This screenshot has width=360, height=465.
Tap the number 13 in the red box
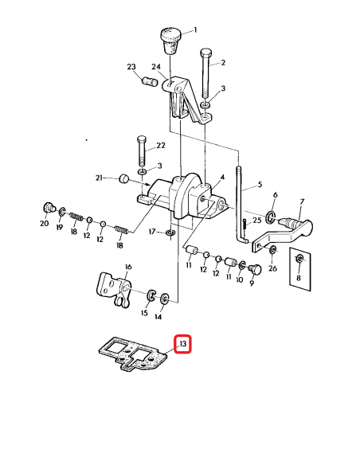coord(182,344)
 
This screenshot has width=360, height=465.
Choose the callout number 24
coord(157,67)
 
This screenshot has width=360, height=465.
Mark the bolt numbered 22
coord(142,151)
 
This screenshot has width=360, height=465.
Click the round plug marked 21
coord(124,179)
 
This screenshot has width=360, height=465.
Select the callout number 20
coord(45,225)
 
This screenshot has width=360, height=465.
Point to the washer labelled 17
coord(170,233)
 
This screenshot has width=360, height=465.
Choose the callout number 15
coord(144,314)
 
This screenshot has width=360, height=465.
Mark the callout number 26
coord(272,268)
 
